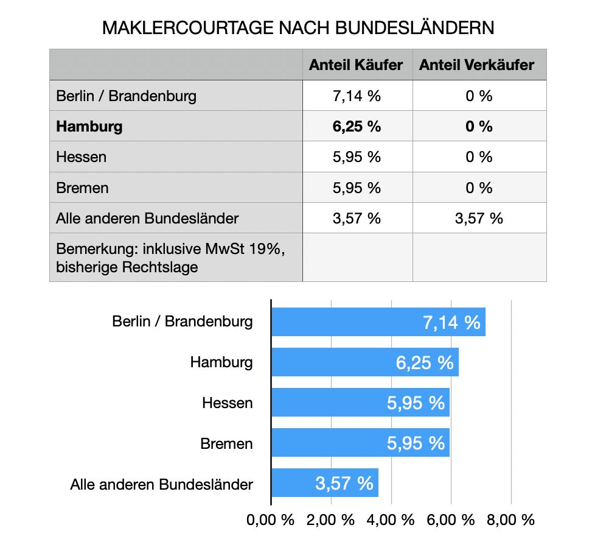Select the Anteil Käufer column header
pos(356,65)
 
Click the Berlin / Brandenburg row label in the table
pos(127,96)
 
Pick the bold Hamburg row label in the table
pos(89,127)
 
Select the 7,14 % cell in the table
pos(357,96)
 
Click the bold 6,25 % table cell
pos(357,127)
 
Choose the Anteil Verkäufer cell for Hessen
pos(479,157)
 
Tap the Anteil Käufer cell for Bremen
pos(357,188)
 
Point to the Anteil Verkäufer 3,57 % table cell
pos(479,218)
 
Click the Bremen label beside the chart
pos(226,444)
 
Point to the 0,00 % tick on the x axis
pos(271,520)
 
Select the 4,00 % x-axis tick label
pos(391,520)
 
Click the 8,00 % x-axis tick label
pos(511,520)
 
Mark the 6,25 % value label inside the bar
pos(425,363)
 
